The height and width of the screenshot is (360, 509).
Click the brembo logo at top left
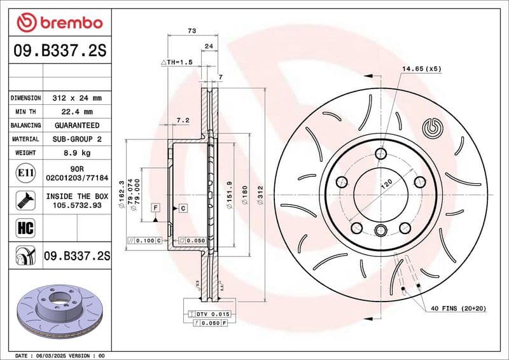59,22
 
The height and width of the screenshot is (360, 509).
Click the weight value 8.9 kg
77,153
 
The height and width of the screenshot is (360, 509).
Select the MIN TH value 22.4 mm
77,112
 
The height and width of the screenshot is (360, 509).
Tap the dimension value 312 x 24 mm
77,98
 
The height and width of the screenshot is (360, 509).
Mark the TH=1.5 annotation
177,62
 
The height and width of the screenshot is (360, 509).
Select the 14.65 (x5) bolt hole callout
421,68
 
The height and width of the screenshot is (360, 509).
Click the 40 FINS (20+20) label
458,308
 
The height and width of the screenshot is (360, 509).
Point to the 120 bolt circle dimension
386,185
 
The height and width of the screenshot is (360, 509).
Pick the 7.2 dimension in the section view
183,120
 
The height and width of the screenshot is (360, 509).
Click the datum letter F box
155,207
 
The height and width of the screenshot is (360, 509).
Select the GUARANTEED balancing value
77,125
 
